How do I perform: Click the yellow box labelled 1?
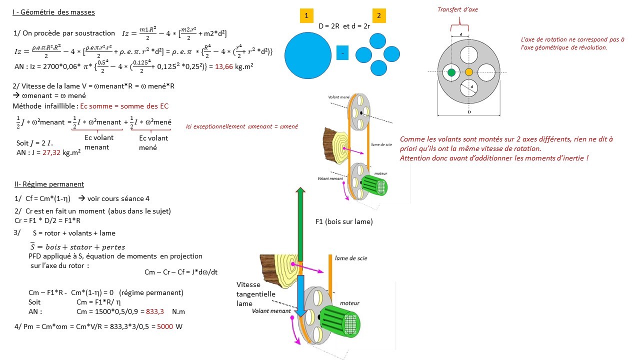pyautogui.click(x=306, y=16)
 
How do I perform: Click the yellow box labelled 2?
pyautogui.click(x=378, y=16)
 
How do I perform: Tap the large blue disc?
pyautogui.click(x=307, y=54)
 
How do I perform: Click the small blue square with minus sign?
pyautogui.click(x=342, y=53)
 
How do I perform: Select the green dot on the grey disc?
pyautogui.click(x=451, y=72)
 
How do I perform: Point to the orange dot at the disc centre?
pyautogui.click(x=468, y=72)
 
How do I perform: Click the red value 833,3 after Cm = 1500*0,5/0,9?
pyautogui.click(x=153, y=311)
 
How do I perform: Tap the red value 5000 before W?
pyautogui.click(x=165, y=327)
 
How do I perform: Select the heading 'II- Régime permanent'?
pyautogui.click(x=49, y=184)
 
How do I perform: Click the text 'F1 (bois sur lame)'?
pyautogui.click(x=344, y=221)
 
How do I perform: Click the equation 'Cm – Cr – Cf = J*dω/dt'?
pyautogui.click(x=180, y=272)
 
